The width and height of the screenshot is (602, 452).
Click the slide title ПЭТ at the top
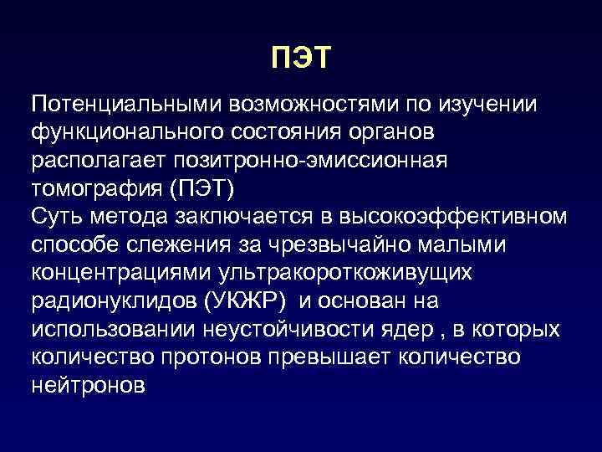[x=302, y=58]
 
